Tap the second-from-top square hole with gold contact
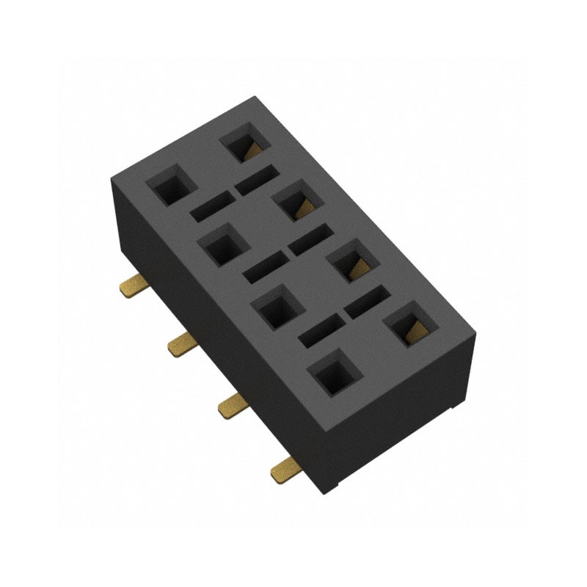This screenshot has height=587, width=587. click(x=296, y=203)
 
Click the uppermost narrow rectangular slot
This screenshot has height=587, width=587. click(x=257, y=181)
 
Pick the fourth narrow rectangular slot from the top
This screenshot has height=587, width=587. click(x=263, y=269)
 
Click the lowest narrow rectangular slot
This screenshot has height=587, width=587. click(x=321, y=331)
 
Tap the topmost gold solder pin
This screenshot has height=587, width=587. click(x=132, y=285)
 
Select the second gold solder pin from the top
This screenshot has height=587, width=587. click(x=180, y=343)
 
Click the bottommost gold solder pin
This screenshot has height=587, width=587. click(x=283, y=467)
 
